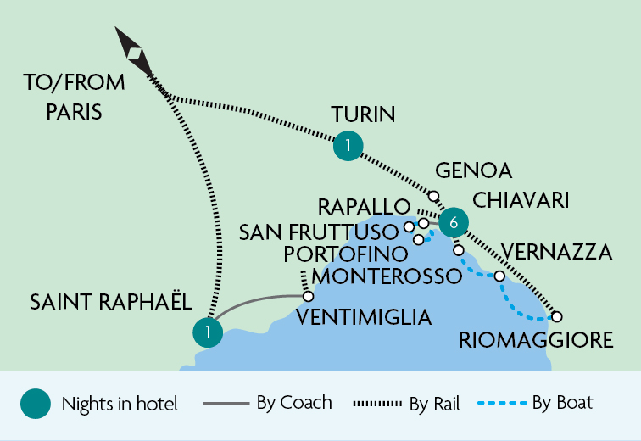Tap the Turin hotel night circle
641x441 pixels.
pyautogui.click(x=347, y=146)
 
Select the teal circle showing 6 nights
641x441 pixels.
pyautogui.click(x=454, y=222)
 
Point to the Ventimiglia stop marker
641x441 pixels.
pyautogui.click(x=308, y=297)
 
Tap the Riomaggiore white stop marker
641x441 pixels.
pyautogui.click(x=557, y=316)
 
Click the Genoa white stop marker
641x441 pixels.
pyautogui.click(x=433, y=196)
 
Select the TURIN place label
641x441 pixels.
pyautogui.click(x=364, y=114)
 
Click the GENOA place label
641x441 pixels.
pyautogui.click(x=473, y=171)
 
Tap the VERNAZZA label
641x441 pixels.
pyautogui.click(x=557, y=252)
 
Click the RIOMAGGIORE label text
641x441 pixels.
pyautogui.click(x=534, y=341)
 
